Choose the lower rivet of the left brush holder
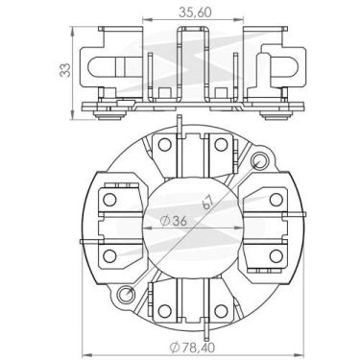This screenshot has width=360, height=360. (x=106, y=256)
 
